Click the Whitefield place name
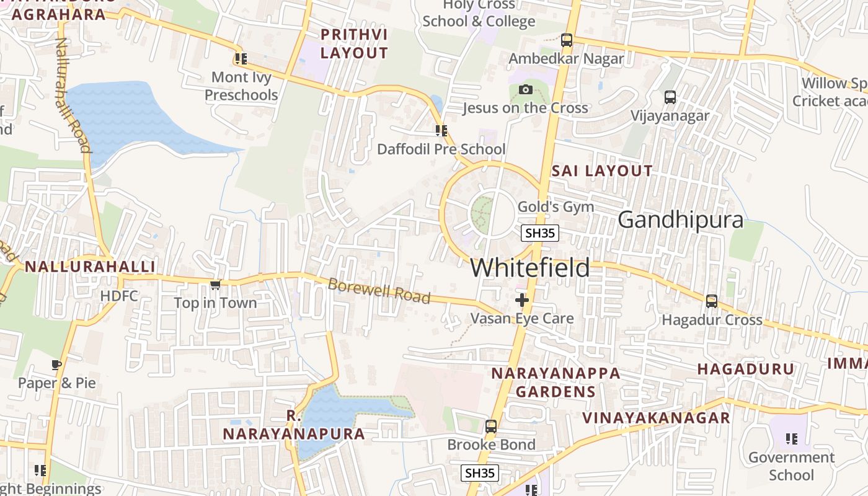530,268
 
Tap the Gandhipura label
680,219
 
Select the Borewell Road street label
379,291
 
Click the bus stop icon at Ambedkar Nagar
566,40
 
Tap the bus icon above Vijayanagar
670,97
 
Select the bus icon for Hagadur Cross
711,301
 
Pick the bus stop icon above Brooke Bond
490,427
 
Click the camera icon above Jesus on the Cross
525,90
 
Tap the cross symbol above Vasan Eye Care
522,300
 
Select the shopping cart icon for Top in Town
215,285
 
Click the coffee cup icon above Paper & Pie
56,365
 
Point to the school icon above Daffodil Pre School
441,131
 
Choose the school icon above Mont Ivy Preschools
241,59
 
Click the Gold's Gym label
556,206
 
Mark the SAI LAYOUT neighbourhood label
601,170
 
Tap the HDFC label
119,296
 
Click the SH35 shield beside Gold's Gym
539,233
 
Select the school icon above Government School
791,439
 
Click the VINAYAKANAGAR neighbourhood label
656,417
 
